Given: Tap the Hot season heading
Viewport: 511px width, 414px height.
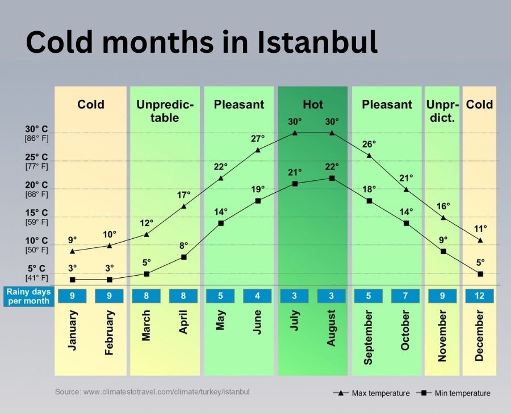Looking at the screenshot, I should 312,104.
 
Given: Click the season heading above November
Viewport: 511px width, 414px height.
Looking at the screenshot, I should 442,111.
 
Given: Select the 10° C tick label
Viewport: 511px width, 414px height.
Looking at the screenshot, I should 36,240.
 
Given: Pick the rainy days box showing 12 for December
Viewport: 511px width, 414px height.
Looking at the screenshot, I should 479,295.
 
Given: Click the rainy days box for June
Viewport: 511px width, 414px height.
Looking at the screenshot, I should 257,295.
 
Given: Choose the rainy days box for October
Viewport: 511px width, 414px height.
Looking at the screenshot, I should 405,295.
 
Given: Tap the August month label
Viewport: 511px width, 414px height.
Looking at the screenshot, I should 332,328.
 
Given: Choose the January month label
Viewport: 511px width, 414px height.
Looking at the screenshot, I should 73,330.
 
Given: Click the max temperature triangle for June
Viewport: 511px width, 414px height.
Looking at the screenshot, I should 258,150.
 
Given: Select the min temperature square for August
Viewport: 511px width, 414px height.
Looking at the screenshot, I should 332,178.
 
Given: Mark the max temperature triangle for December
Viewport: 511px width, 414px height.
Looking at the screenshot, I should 480,240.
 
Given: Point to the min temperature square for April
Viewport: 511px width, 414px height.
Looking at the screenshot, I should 183,257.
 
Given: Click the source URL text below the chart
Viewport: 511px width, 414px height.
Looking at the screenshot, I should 152,391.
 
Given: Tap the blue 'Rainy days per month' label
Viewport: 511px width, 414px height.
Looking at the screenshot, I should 28,295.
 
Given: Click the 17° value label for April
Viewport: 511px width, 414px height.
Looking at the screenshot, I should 183,195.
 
